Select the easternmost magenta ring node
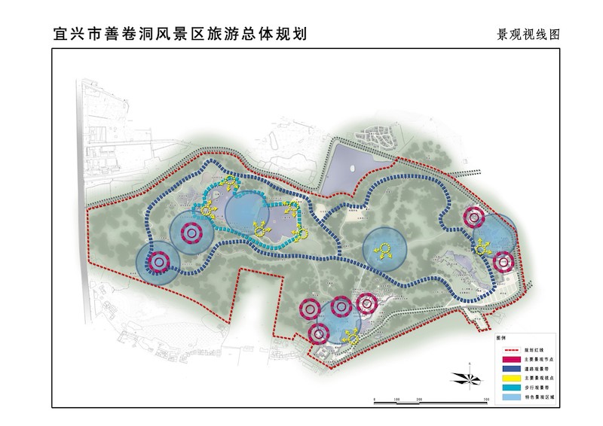point(503,262)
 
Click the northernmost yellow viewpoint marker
point(229,183)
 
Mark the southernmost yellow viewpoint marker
point(349,336)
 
